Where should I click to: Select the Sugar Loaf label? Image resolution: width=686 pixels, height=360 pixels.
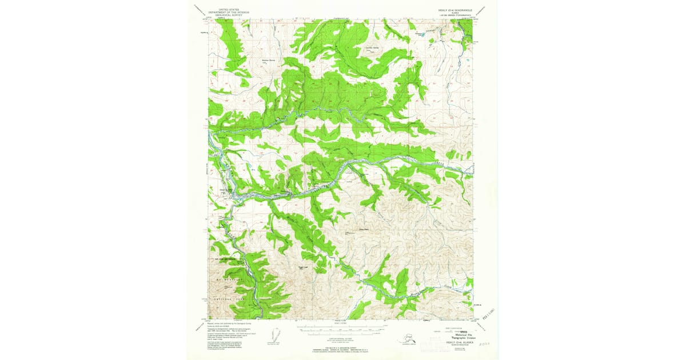304,266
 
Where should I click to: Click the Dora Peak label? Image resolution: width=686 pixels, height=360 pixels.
362,230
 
